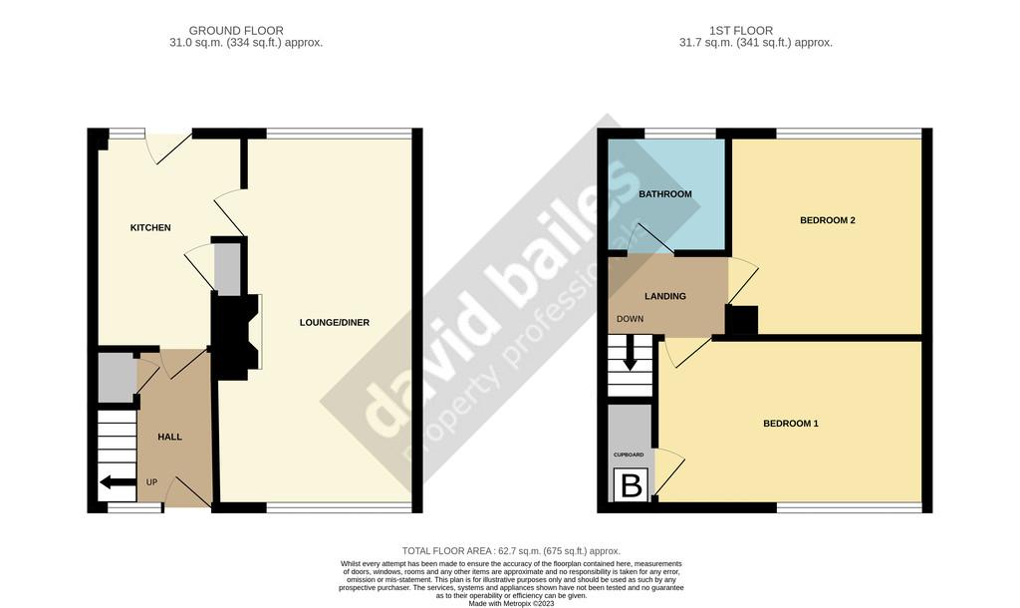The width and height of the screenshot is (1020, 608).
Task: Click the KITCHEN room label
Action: [150, 228]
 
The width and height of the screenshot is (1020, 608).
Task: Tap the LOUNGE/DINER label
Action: [335, 323]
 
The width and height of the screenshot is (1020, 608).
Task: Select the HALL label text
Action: [169, 437]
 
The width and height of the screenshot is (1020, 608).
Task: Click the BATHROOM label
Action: [664, 194]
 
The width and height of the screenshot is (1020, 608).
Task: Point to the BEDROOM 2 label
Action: [828, 220]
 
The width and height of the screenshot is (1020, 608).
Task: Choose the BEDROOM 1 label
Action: [790, 424]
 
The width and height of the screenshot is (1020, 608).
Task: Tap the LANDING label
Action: [664, 296]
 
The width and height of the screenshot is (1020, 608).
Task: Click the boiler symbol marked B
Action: [632, 485]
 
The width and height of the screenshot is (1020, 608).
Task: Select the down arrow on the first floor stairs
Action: [630, 354]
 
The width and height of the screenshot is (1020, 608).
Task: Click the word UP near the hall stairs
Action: [151, 482]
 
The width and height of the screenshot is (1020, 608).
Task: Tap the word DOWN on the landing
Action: [630, 319]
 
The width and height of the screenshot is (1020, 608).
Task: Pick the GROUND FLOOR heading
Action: [236, 31]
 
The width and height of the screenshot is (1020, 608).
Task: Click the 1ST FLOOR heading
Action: [741, 31]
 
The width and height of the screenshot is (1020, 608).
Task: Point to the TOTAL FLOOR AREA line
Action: [511, 551]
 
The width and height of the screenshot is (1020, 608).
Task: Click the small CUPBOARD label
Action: [629, 456]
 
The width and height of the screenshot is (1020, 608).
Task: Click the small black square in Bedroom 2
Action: [741, 320]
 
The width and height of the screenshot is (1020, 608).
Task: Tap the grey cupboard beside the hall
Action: [117, 378]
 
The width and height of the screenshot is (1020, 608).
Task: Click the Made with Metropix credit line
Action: [511, 603]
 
